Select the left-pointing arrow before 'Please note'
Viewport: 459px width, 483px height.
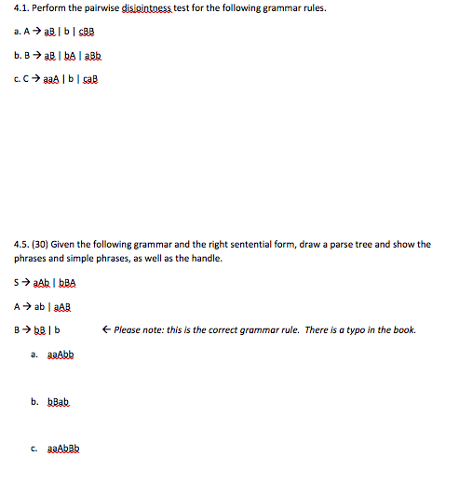[109, 329]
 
